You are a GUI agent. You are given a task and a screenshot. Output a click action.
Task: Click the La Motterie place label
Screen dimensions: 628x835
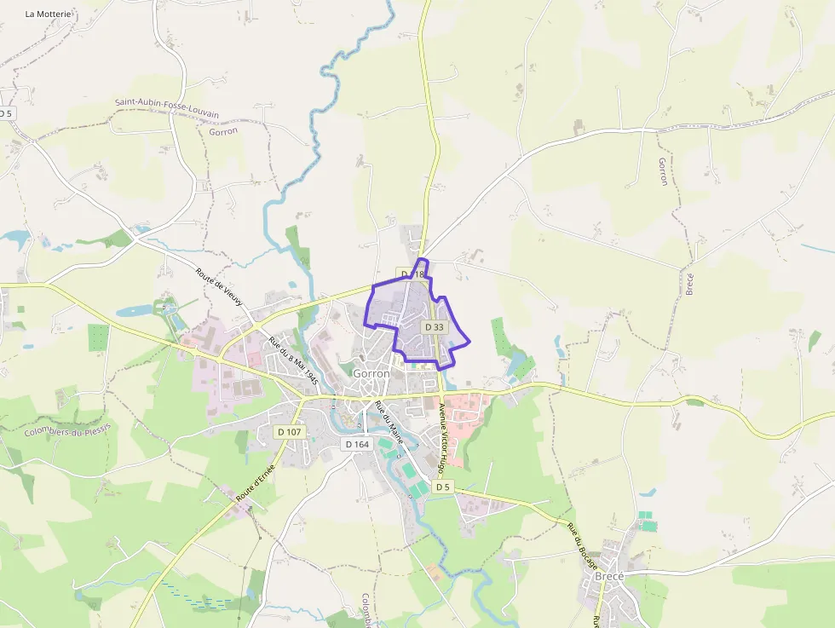[49, 14]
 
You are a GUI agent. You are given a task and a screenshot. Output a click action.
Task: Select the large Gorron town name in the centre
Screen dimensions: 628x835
[371, 373]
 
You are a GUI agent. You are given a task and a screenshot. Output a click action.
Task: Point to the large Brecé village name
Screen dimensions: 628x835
[610, 576]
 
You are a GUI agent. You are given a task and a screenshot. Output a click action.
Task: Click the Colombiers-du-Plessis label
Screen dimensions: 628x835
[68, 430]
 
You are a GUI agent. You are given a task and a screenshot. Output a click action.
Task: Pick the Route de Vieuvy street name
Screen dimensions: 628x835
[220, 287]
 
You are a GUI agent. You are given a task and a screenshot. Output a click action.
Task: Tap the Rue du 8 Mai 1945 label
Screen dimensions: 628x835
[293, 359]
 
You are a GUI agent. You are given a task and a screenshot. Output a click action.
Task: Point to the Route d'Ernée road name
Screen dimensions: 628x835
[256, 482]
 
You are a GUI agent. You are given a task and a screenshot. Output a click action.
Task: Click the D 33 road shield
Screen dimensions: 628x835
[434, 327]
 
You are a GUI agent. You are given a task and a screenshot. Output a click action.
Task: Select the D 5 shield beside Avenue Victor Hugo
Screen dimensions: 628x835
[441, 487]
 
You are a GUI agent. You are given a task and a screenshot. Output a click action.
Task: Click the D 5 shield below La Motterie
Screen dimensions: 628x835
[6, 113]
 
